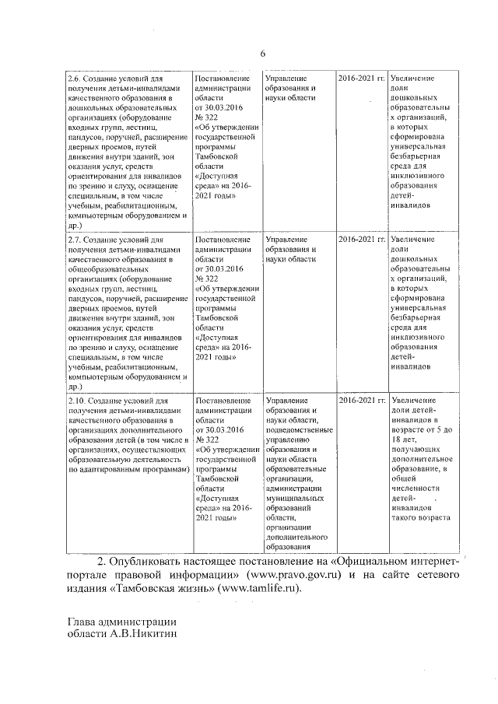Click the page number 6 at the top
[x=262, y=54]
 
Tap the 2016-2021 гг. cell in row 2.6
[x=362, y=79]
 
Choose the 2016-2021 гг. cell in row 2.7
[x=362, y=240]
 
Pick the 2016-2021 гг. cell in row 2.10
[x=362, y=400]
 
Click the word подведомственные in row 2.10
[x=300, y=429]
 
